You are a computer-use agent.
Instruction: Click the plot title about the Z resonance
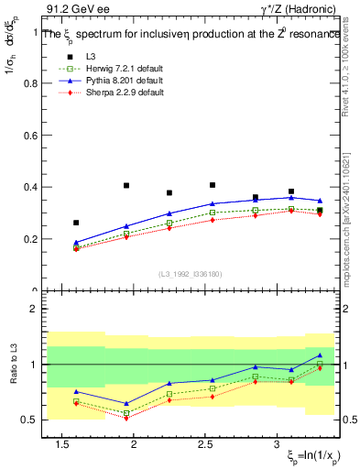point(183,34)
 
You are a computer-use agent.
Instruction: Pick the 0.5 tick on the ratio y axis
point(29,420)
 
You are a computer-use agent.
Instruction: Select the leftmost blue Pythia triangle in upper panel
point(76,243)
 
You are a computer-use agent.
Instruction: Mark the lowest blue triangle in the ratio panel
point(125,403)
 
